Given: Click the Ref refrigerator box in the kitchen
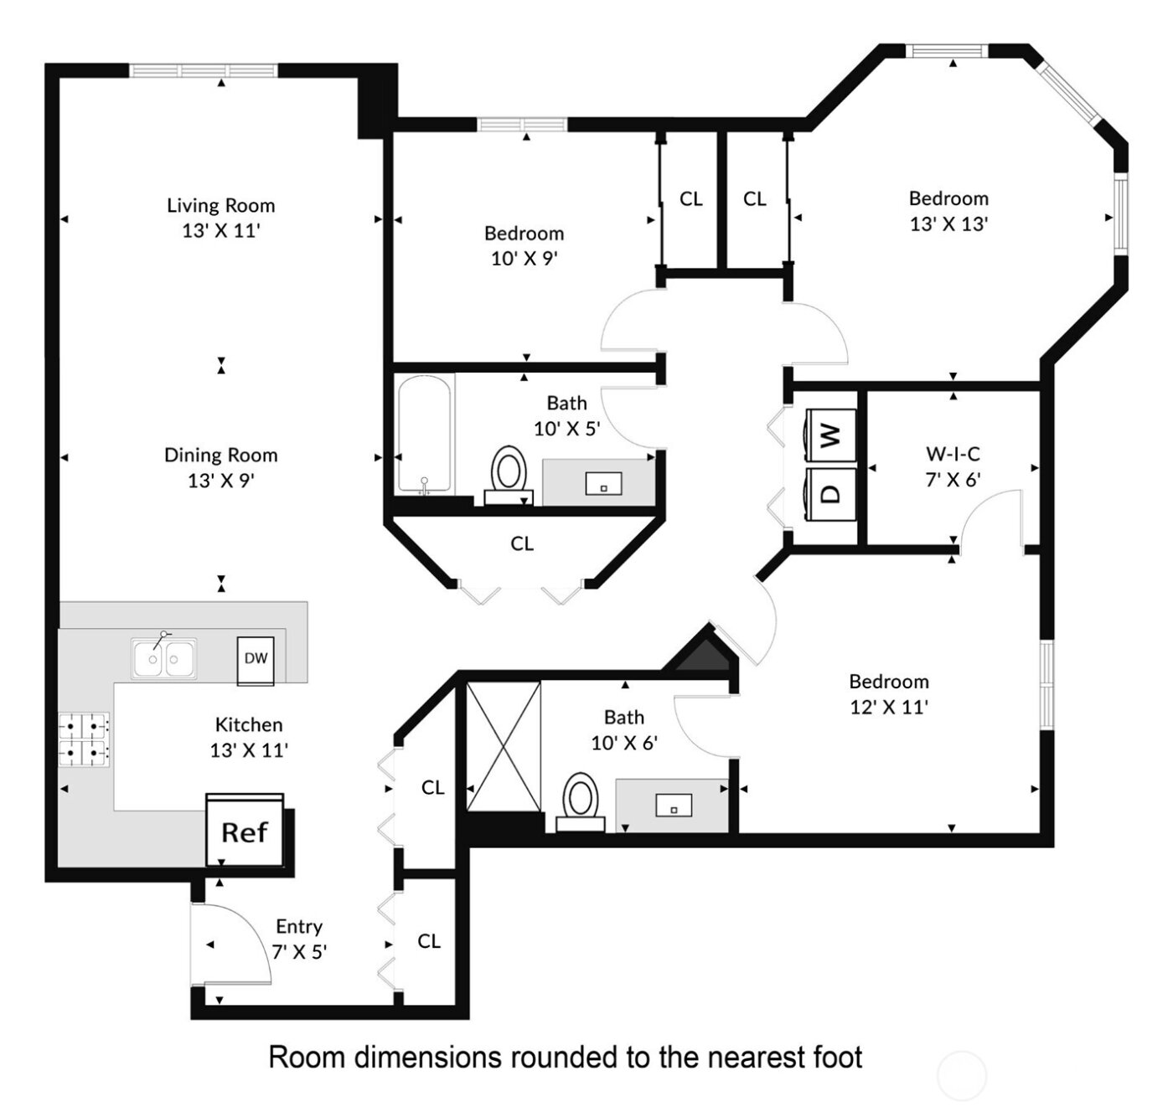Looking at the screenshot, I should click(245, 831).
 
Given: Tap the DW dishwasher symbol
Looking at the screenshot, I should click(256, 659).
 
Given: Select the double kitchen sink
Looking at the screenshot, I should click(164, 659).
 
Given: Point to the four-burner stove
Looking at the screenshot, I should click(84, 740).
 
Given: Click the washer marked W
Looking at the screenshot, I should click(829, 435).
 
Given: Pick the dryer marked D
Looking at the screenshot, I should click(829, 493).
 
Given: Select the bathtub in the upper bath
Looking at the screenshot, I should click(425, 435).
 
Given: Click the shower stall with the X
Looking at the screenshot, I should click(504, 747).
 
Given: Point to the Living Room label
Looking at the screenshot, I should click(221, 205).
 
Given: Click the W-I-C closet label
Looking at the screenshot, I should click(953, 455).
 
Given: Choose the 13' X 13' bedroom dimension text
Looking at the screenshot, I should click(949, 224).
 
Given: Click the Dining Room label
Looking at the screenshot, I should click(221, 456).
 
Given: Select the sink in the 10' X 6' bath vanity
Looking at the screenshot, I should click(673, 806).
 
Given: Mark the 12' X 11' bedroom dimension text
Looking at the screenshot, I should click(889, 708).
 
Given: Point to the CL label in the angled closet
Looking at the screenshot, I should click(522, 544).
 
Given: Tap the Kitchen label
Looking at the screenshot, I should click(249, 725).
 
